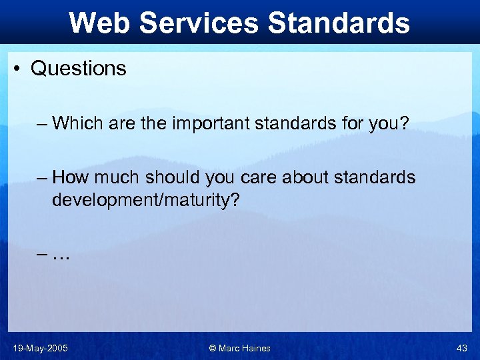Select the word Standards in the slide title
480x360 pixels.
(x=339, y=23)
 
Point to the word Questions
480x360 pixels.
(x=79, y=69)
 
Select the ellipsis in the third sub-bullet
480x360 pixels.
(x=61, y=255)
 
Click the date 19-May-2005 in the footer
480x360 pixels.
(x=40, y=348)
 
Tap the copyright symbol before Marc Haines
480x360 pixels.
(x=213, y=348)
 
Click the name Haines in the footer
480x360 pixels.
(x=257, y=348)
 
